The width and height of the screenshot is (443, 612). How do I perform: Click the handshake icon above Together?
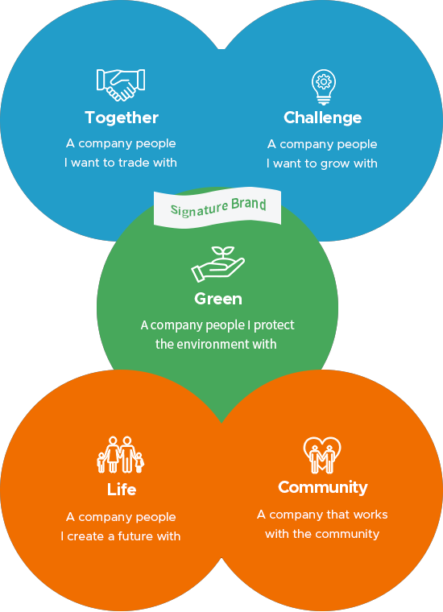coord(121,85)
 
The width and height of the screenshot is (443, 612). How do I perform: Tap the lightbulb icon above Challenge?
coord(324,87)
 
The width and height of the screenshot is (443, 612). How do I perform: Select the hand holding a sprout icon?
coord(217,264)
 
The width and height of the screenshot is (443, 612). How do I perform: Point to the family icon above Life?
coord(121,454)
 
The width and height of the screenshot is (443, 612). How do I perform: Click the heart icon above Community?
coord(322,455)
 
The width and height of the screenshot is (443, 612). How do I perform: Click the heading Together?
coord(122,118)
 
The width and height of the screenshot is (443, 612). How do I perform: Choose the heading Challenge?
coord(323,118)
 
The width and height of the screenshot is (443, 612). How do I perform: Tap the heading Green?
coord(218,299)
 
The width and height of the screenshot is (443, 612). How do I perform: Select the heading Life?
coord(122,490)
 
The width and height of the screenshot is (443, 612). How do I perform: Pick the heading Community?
coord(323,487)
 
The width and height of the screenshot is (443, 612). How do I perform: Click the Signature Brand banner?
coord(217,208)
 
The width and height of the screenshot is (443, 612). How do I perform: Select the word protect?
coord(274,325)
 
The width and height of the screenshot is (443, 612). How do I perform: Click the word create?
coord(86,536)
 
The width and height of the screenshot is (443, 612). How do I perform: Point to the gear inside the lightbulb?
coord(324,81)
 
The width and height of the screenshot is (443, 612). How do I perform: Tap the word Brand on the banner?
coord(249,204)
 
